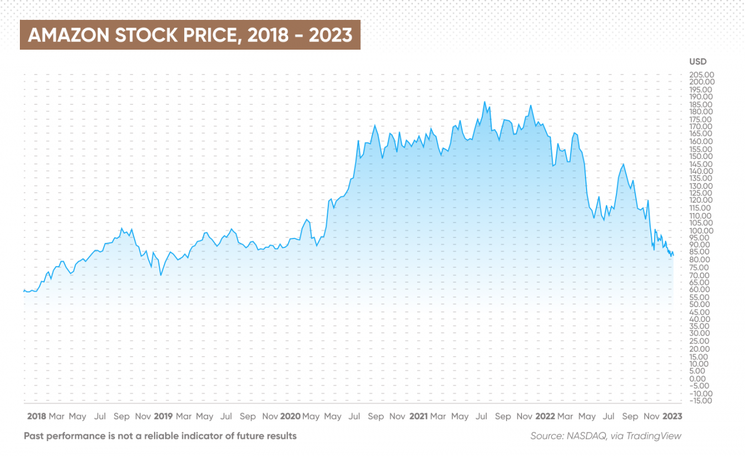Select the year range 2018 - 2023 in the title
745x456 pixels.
pos(300,35)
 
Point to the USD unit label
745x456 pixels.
pos(698,62)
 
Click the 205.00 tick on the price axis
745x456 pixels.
pos(701,75)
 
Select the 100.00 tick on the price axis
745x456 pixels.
pos(701,230)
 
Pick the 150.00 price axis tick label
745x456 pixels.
pos(701,156)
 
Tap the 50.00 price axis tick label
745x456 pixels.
pos(701,304)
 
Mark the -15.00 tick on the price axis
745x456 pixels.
pos(701,401)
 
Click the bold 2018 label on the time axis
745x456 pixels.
pos(36,416)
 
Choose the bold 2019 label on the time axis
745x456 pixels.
pos(163,416)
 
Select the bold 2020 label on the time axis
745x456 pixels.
pos(290,416)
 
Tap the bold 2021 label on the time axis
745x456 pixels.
pos(418,416)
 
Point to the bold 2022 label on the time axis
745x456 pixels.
pos(545,416)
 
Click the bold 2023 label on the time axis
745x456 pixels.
pos(672,416)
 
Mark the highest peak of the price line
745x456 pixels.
pos(485,102)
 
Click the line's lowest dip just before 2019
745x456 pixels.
pos(161,275)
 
